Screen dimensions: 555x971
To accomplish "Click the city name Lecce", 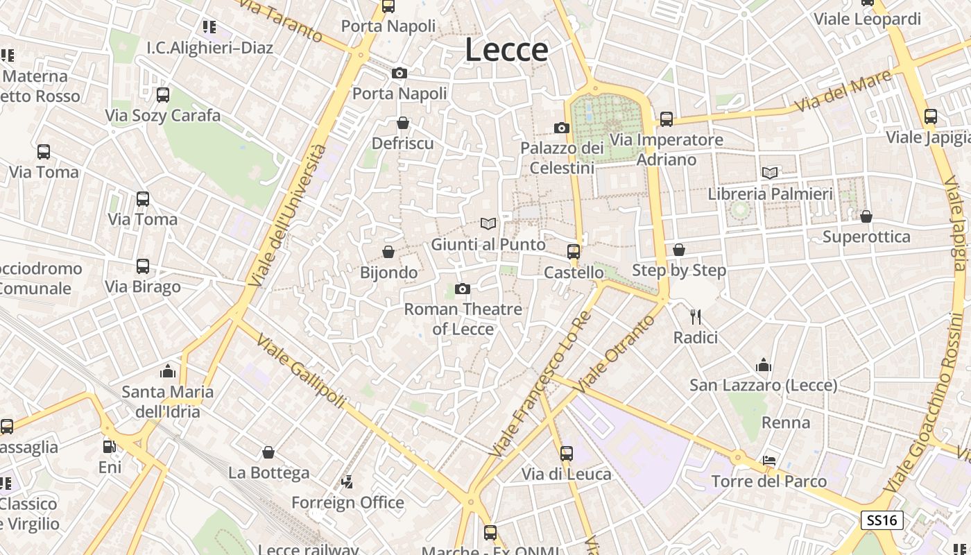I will (506, 50).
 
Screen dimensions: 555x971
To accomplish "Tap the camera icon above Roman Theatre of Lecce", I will (462, 289).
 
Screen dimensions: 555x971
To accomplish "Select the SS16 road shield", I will (882, 520).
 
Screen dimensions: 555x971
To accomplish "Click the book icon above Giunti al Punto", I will (488, 223).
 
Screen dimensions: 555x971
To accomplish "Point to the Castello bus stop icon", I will (574, 251).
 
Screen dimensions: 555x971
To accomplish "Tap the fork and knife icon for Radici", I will (696, 317).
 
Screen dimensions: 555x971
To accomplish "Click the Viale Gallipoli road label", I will (301, 372).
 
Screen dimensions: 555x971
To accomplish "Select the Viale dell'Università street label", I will (288, 216).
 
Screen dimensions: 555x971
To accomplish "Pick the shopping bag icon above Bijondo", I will (388, 251).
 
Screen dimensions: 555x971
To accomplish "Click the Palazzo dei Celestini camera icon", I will (562, 128).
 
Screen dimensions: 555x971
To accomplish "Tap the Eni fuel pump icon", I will (109, 446).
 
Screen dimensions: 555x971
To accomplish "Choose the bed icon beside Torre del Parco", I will (769, 460).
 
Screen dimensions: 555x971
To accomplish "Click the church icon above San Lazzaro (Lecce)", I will (764, 364).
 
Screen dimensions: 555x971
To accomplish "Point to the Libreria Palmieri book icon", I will (770, 173).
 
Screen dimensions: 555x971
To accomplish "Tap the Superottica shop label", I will (866, 237).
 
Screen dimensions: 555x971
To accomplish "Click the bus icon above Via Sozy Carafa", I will (163, 94).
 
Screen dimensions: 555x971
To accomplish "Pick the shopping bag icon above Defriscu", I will (403, 123).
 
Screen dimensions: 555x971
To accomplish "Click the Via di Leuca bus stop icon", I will (567, 454).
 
